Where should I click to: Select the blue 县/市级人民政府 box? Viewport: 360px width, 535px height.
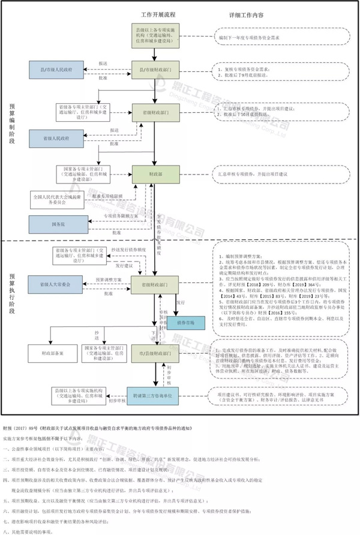tap(64, 70)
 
